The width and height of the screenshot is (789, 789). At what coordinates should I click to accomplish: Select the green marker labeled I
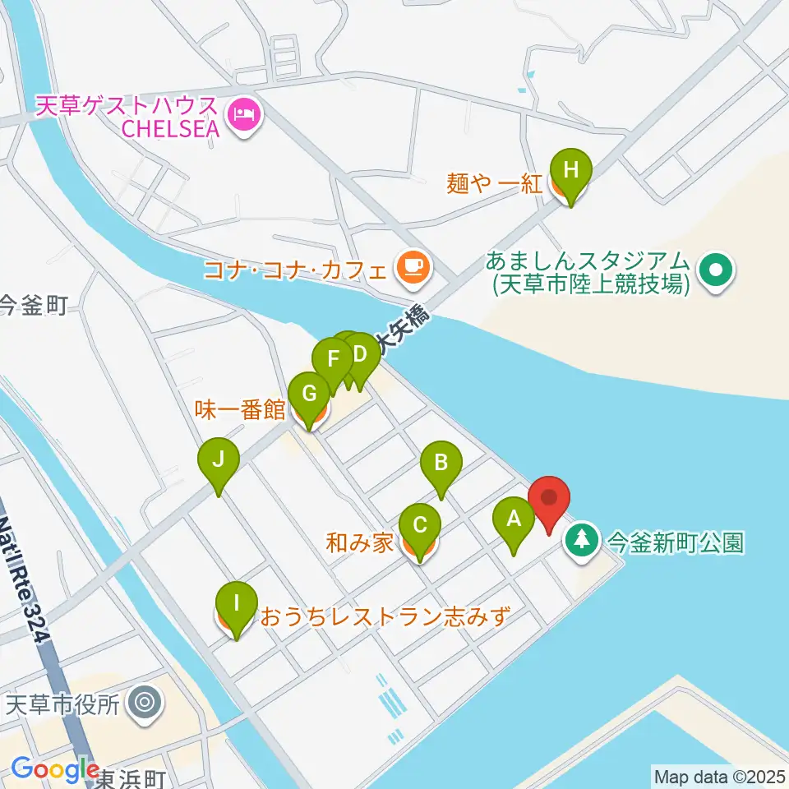237,604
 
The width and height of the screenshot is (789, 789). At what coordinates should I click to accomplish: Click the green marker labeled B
441,462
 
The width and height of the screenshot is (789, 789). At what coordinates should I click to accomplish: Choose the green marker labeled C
419,524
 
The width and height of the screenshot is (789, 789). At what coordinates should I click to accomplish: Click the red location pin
548,498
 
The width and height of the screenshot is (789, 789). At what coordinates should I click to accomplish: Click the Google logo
56,769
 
